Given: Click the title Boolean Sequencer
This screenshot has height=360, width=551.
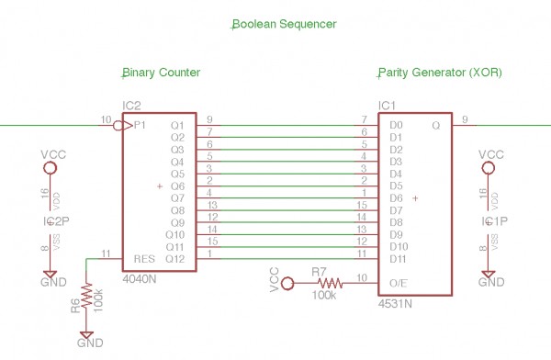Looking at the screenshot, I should coord(283,24).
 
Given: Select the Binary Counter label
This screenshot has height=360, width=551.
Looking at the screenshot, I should coord(162,73).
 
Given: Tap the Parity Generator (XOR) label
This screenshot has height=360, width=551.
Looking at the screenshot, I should coord(440,73).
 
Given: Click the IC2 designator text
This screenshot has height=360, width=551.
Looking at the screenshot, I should coord(132,106).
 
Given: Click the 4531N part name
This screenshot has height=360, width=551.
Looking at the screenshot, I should coord(395,302).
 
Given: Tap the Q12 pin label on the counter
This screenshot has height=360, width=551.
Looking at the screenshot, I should coord(176,259).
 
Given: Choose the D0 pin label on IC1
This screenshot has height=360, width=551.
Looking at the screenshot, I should coord(396,125).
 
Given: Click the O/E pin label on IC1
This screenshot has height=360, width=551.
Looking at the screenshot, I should coord(398,284).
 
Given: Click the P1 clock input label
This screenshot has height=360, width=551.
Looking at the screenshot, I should coord(141,125).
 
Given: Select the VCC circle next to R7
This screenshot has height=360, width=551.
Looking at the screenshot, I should coord(287,284).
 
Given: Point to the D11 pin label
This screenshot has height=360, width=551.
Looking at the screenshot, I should coord(399,259).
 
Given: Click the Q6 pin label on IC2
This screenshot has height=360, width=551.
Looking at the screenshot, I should coord(178,186).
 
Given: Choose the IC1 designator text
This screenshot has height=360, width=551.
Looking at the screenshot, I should coord(387,106).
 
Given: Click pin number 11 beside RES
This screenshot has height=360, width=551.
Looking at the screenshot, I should coord(107,253).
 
